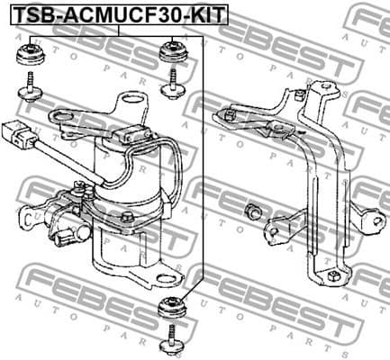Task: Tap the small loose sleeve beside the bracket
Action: (x=254, y=212)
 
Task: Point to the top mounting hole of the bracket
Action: (x=317, y=88)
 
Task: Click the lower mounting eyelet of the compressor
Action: (x=162, y=274)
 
